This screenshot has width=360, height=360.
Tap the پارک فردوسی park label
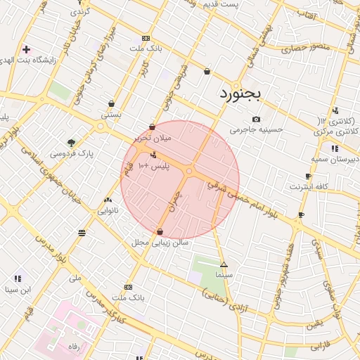72,153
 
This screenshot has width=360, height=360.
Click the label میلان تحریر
153,139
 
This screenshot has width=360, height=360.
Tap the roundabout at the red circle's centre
189,171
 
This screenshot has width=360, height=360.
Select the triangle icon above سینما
224,265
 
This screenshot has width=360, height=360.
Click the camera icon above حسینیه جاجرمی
256,119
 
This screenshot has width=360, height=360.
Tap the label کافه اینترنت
309,187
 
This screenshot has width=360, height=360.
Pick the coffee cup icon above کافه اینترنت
308,176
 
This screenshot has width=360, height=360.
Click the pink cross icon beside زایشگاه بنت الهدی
26,50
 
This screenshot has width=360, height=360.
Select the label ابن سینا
18,289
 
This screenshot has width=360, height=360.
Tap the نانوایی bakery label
108,210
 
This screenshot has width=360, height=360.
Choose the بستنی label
111,114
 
